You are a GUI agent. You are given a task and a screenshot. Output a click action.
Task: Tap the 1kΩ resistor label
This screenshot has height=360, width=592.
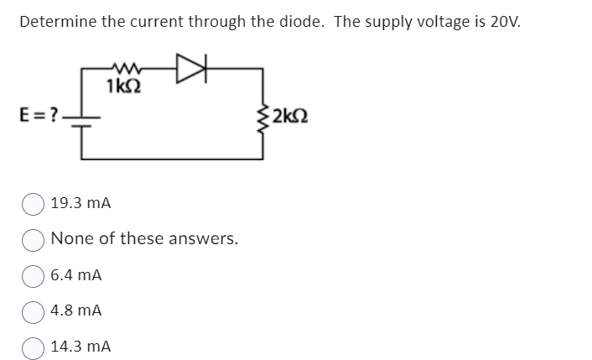click(x=123, y=86)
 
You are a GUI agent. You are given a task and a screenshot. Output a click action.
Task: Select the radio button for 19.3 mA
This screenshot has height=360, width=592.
click(x=34, y=203)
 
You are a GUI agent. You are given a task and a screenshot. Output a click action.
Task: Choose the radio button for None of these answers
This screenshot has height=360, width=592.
click(x=34, y=239)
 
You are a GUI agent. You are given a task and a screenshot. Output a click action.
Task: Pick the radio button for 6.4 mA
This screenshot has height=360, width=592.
click(x=34, y=274)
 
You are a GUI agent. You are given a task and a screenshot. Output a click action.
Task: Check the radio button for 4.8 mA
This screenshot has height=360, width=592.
click(x=34, y=310)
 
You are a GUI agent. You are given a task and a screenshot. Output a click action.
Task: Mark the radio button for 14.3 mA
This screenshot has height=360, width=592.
click(x=34, y=346)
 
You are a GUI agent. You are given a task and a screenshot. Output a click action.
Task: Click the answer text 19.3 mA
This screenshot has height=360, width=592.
click(x=80, y=203)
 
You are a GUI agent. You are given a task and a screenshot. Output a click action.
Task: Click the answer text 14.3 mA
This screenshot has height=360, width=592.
click(x=80, y=346)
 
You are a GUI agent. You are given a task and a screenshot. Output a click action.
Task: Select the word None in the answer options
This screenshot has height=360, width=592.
click(x=70, y=238)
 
